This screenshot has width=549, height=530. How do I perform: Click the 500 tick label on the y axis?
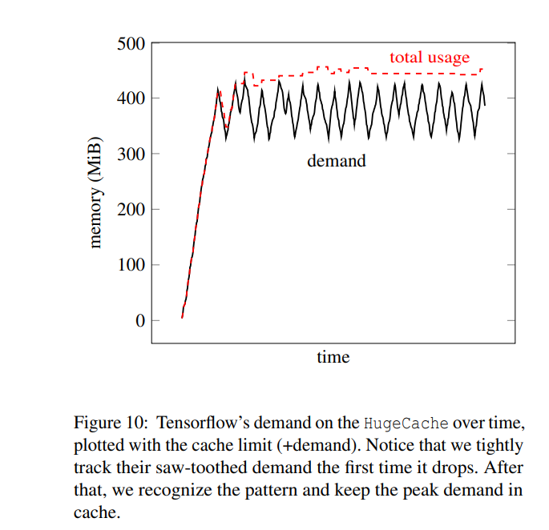(x=131, y=42)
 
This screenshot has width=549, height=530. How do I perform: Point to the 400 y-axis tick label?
(x=131, y=98)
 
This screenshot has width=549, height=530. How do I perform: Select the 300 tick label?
(x=131, y=154)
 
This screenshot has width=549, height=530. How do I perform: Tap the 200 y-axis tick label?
(x=131, y=210)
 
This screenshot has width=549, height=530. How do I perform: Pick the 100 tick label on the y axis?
(x=131, y=265)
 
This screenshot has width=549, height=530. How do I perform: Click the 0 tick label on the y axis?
(x=141, y=321)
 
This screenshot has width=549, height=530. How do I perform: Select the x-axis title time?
(x=333, y=357)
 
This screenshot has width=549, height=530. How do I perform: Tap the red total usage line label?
(x=430, y=58)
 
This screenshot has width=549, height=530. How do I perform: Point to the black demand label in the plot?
(x=336, y=161)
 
